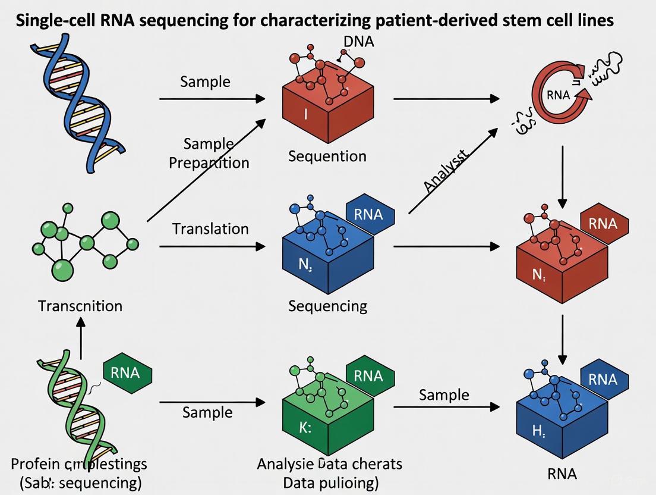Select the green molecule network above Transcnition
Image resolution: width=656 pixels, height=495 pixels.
point(83,241)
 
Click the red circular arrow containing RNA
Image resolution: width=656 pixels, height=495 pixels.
point(559,96)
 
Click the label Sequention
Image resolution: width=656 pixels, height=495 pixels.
point(327,156)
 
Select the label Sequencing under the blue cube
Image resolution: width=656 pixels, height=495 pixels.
point(327,306)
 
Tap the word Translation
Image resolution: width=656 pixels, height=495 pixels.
point(210,228)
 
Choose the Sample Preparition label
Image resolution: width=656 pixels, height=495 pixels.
point(209,153)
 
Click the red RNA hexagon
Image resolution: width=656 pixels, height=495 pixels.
point(603,224)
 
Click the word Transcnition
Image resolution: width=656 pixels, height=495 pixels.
point(80,306)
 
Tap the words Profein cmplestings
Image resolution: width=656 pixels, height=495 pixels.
point(79,463)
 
